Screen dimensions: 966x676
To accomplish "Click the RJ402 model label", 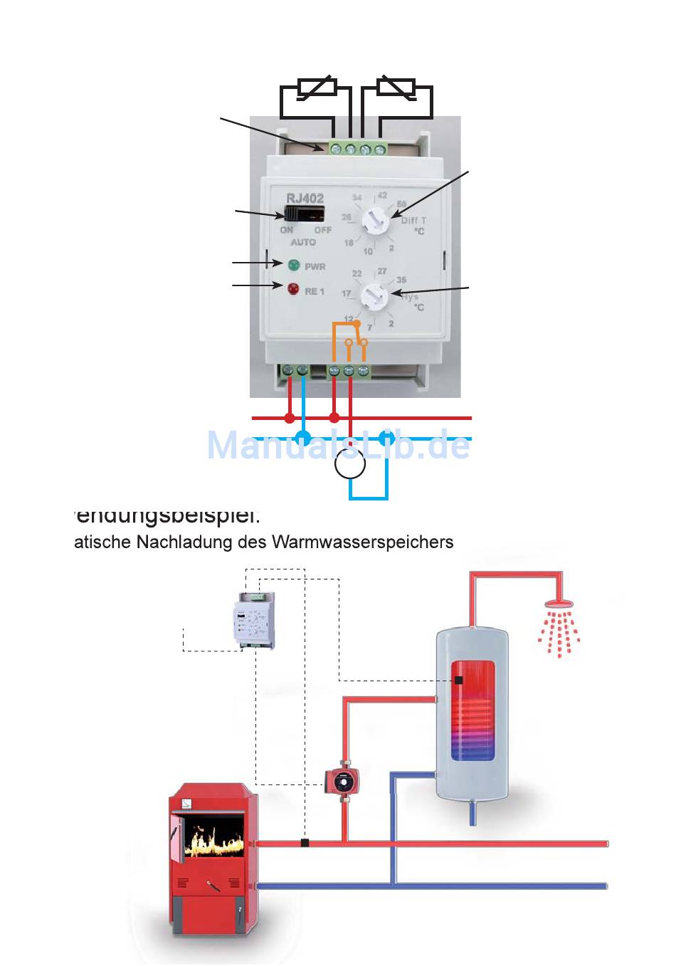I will (305, 199).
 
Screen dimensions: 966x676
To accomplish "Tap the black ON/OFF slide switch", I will (305, 214).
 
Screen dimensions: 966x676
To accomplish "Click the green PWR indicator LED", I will (293, 266).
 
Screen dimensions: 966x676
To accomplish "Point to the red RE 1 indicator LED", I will (293, 289).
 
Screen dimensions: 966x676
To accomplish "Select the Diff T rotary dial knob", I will (375, 222).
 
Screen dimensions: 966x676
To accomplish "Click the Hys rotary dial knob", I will (373, 295).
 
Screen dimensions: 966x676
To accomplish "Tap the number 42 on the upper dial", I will (382, 195).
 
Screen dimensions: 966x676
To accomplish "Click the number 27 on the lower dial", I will (382, 271).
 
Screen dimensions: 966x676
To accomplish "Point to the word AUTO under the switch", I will (303, 242).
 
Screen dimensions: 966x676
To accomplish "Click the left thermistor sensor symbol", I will (317, 88).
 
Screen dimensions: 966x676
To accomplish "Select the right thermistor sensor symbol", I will (396, 88).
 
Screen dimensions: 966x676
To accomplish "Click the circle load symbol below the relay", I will (350, 464).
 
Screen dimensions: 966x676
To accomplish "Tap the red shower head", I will (559, 605).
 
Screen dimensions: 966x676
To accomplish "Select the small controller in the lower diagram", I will (254, 621).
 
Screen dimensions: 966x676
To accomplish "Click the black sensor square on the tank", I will (459, 681).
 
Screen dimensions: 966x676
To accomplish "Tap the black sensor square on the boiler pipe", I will (305, 843).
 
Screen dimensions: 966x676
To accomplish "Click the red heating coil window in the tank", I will (472, 710).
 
